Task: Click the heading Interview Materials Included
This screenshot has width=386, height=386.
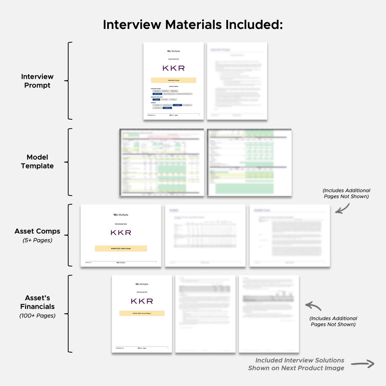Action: click(x=193, y=25)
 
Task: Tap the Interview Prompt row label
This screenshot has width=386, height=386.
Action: click(x=37, y=81)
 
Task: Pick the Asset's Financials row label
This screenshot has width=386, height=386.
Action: click(x=37, y=302)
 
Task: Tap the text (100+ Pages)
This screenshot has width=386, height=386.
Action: click(x=37, y=316)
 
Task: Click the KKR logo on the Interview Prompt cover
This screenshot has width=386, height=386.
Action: click(x=173, y=68)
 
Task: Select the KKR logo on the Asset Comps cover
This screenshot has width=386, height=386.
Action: click(x=121, y=232)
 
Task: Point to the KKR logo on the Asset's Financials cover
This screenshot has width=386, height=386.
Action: click(x=142, y=301)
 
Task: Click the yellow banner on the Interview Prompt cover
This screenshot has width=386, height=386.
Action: click(x=173, y=80)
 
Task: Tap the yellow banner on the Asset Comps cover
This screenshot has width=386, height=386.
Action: click(x=121, y=248)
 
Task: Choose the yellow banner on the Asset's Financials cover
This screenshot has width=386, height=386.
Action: click(x=142, y=313)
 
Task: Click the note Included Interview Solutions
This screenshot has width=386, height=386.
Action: click(x=300, y=360)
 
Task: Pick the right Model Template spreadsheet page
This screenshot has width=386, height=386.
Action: click(x=249, y=162)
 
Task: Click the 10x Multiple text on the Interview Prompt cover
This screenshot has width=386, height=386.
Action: click(x=173, y=51)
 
